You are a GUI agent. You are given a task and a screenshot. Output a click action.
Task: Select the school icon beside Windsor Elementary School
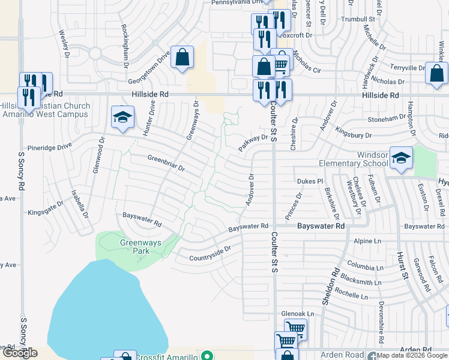[401, 158]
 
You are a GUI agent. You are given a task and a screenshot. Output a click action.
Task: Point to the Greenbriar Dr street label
[166, 163]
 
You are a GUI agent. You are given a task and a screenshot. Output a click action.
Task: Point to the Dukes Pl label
[310, 181]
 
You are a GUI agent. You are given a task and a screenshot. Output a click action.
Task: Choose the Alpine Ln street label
[368, 241]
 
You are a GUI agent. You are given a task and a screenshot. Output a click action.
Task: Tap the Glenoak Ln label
[298, 314]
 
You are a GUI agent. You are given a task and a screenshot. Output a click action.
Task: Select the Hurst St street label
[400, 264]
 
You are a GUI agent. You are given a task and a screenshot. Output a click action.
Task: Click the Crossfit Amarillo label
[166, 356]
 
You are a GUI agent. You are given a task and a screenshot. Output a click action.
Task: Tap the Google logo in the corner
[19, 353]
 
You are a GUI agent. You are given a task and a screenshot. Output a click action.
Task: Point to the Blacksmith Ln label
[360, 281]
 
